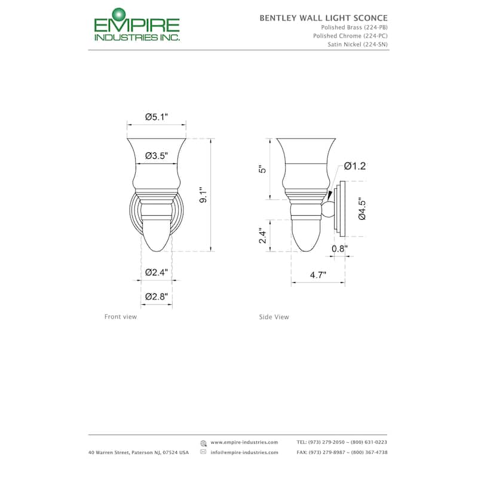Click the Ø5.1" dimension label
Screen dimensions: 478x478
pos(157,117)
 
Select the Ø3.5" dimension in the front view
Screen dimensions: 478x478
pos(157,156)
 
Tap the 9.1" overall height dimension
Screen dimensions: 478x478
pos(203,195)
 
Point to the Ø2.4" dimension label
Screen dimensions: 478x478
pos(157,272)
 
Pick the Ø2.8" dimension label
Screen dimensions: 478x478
pos(157,296)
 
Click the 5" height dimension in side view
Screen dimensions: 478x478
pos(261,170)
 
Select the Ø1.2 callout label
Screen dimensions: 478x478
pos(354,166)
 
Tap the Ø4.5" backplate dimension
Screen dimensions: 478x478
pos(362,209)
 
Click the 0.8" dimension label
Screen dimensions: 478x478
pos(339,248)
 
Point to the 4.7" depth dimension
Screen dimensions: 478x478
pos(318,275)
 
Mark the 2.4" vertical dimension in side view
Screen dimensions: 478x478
pos(261,235)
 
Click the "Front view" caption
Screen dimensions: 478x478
pos(121,317)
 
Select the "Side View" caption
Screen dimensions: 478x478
pos(274,317)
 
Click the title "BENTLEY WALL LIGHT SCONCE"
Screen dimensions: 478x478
pos(323,18)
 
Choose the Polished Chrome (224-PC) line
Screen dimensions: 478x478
pos(350,36)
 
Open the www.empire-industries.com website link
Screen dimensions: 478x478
pos(244,442)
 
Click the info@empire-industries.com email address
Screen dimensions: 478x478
pos(244,452)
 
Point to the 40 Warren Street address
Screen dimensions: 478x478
pos(138,452)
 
